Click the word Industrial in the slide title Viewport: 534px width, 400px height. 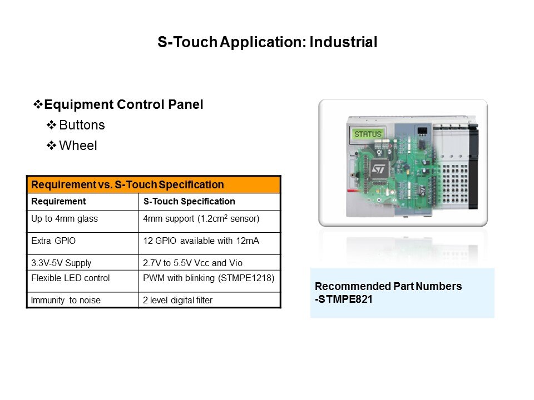coord(343,42)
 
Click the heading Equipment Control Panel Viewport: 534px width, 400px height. coord(123,104)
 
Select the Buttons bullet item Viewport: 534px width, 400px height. coord(82,125)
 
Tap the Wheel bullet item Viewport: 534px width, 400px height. coord(78,146)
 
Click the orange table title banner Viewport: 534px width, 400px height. coord(154,184)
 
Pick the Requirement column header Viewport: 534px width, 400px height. coord(58,201)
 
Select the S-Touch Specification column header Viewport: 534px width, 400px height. coord(189,201)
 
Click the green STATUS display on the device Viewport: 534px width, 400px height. coord(368,134)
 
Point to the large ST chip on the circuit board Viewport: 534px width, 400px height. coord(379,169)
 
